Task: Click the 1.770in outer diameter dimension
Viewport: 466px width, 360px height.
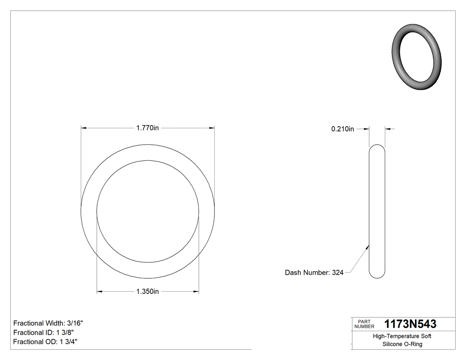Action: (147, 128)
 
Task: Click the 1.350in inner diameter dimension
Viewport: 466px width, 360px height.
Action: (147, 292)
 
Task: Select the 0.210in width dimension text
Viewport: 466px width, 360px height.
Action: (343, 129)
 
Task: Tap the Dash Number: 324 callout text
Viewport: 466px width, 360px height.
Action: (314, 273)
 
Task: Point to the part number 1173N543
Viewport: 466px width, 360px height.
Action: (410, 324)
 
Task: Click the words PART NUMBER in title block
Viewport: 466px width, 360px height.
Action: (364, 324)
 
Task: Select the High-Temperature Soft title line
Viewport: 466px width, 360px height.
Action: (402, 336)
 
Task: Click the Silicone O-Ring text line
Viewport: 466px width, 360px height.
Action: (402, 344)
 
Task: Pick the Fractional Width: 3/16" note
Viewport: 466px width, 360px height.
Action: (48, 323)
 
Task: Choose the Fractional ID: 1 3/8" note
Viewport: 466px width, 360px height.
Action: (43, 332)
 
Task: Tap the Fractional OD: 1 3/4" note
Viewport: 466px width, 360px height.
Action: (46, 342)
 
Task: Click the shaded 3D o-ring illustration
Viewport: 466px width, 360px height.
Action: (416, 57)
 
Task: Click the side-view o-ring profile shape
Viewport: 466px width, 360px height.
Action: (377, 211)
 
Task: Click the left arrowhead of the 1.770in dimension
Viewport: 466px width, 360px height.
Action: (83, 128)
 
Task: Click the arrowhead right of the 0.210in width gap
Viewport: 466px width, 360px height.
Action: (387, 129)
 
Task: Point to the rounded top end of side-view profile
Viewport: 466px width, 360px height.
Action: (377, 146)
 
